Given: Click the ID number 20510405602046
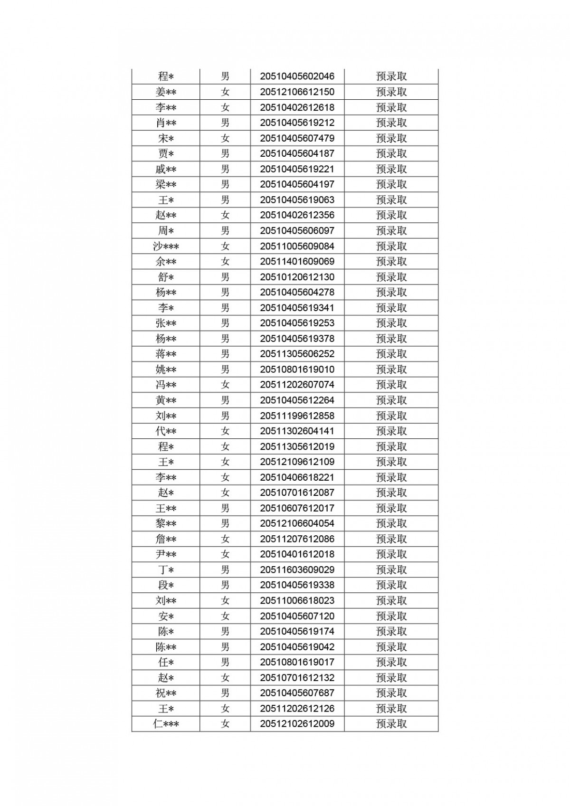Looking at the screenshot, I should click(x=297, y=76).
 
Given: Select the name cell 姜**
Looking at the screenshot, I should click(x=166, y=92).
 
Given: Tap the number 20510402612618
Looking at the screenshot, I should click(x=297, y=107).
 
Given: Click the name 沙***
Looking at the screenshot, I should click(x=166, y=246).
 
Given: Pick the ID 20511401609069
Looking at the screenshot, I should click(x=297, y=262).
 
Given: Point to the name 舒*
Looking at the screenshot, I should click(x=166, y=277).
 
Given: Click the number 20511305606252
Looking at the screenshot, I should click(x=297, y=354).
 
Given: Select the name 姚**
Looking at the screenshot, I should click(x=166, y=370).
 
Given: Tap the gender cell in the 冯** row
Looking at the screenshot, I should click(x=225, y=385).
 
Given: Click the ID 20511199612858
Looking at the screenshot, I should click(x=297, y=416).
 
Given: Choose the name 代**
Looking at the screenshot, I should click(x=166, y=431).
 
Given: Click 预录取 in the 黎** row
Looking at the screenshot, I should click(x=391, y=523).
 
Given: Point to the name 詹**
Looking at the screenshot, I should click(x=166, y=539).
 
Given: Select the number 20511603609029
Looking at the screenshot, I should click(x=297, y=570).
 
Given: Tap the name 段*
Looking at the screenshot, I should click(x=166, y=585).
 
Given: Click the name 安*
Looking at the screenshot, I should click(x=166, y=616).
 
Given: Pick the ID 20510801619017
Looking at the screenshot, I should click(x=297, y=662).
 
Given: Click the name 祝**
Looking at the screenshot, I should click(x=166, y=693).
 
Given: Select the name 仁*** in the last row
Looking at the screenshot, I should click(x=166, y=724).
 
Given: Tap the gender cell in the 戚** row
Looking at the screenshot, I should click(x=225, y=169).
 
